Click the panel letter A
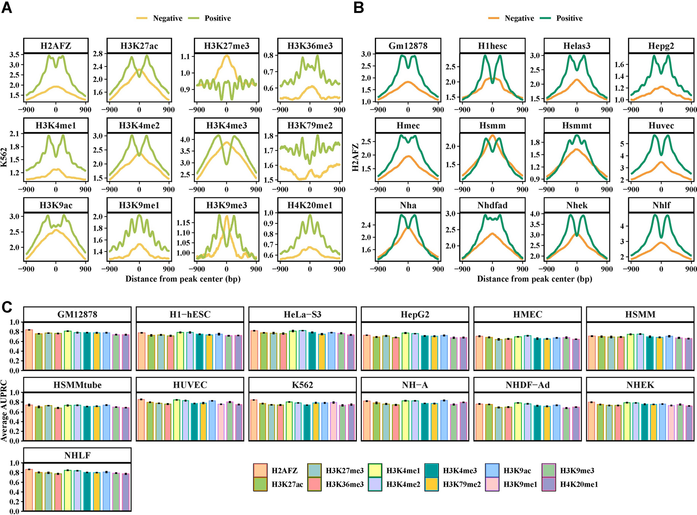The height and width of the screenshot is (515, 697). click(7, 8)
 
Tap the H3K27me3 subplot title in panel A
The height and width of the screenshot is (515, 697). click(227, 46)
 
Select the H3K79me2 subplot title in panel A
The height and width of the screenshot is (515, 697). click(310, 125)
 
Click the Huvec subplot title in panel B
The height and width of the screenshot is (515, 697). click(661, 125)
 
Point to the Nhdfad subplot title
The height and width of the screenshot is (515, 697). click(492, 205)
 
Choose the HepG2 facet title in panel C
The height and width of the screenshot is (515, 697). click(415, 314)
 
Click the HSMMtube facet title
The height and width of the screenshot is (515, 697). click(77, 385)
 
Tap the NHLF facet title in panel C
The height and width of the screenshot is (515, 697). click(77, 455)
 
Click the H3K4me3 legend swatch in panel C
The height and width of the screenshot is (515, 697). click(432, 471)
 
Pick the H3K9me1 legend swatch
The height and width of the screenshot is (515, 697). click(492, 484)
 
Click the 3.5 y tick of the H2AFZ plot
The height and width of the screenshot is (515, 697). click(15, 55)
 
